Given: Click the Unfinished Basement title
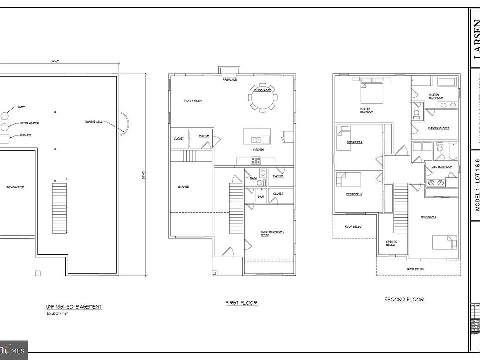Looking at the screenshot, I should coord(74,307).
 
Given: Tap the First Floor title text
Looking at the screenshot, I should coord(242,303).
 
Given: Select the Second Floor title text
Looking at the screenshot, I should coord(404,299).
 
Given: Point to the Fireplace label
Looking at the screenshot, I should coord(230,80).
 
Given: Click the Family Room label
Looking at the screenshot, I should coord(193,101).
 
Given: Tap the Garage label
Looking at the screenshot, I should coord(183,187).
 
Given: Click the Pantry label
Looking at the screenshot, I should coord(278,176).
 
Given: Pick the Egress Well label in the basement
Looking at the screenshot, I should coord(93,123).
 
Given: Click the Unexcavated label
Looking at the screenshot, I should coord(16,187).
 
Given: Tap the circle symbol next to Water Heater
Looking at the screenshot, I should coord(5,127).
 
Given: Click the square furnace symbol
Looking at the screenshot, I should coord(5,139).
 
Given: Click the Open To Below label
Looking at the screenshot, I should coord(391,244).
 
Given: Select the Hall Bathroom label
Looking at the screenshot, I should coord(441,167).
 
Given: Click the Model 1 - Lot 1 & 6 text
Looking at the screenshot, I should coord(477,185).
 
